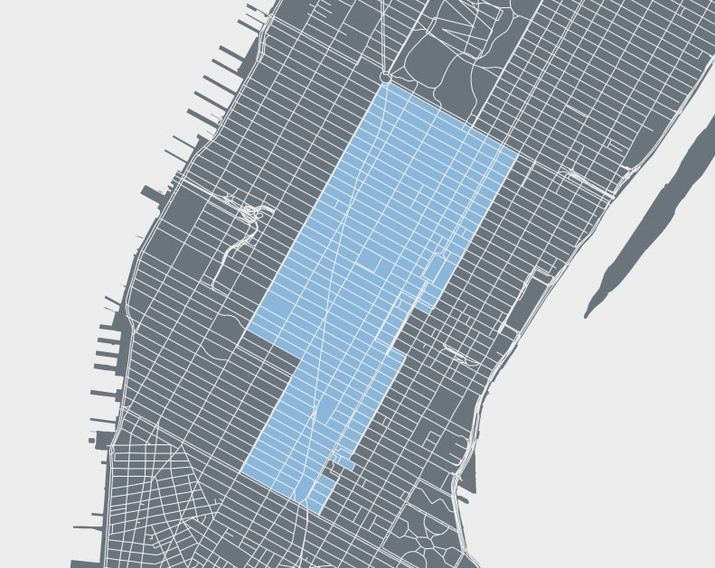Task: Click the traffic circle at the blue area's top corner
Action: tap(385, 78)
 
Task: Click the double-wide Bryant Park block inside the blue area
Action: tap(372, 264)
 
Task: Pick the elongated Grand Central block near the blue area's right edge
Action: tap(435, 269)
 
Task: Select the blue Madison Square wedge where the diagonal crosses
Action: tap(324, 412)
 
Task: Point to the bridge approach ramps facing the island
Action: tap(588, 177)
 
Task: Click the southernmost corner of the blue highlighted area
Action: tap(318, 514)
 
